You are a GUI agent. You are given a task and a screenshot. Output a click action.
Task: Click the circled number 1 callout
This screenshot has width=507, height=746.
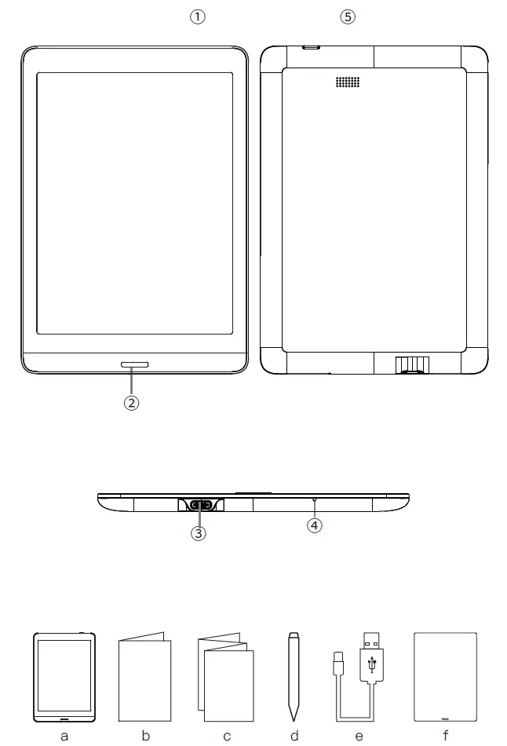tap(199, 17)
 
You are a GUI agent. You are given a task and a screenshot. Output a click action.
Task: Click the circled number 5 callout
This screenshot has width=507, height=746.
tap(348, 17)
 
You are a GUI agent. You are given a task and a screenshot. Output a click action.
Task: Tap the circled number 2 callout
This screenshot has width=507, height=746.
tap(132, 403)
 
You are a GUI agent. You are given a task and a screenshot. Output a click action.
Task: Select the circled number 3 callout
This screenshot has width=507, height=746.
tap(199, 532)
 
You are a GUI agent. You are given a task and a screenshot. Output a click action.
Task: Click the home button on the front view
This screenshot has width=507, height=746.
tap(135, 364)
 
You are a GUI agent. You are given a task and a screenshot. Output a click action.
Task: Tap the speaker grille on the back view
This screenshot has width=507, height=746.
tap(348, 82)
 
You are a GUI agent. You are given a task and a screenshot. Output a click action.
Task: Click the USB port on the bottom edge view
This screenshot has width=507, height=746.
tap(200, 505)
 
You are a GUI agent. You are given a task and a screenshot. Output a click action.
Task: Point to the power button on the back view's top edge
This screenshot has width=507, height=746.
tap(312, 47)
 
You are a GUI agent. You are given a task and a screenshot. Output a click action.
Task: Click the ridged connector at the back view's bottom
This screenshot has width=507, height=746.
tap(411, 364)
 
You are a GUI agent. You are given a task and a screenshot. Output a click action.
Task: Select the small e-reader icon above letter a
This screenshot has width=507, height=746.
tap(64, 677)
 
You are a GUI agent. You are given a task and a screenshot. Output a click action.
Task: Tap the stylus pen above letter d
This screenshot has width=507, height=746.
tap(294, 675)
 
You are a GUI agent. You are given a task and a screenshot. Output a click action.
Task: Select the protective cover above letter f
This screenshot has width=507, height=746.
tap(445, 677)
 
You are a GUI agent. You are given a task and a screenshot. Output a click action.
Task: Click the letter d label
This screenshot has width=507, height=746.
tap(294, 737)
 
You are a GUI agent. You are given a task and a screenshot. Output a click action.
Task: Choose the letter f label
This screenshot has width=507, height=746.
tap(445, 737)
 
